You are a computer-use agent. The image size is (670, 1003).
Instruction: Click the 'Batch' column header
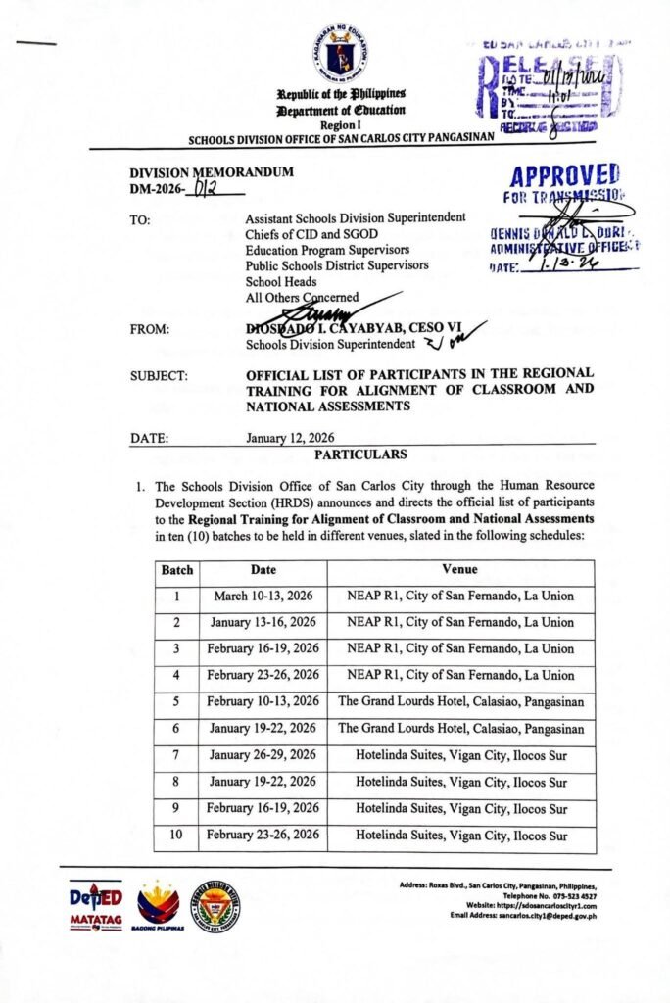[176, 569]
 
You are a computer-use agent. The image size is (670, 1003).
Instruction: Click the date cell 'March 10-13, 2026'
[263, 596]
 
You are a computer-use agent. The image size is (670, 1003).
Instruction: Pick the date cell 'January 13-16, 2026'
[263, 622]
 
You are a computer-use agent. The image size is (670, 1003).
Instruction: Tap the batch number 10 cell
[176, 836]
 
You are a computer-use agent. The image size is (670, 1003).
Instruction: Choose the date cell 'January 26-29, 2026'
[263, 755]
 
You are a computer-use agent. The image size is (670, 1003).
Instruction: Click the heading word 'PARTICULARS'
[360, 454]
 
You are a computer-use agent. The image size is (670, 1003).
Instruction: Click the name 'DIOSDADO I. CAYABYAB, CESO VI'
[353, 330]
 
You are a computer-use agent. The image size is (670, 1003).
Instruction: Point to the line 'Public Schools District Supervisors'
[337, 265]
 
